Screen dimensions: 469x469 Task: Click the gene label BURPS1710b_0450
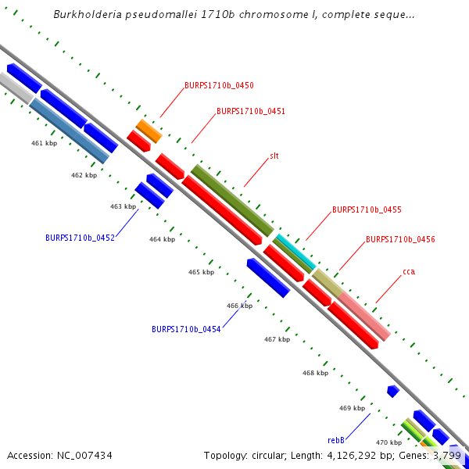coord(219,85)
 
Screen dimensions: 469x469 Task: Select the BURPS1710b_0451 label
coord(250,111)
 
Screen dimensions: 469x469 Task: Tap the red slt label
coord(274,156)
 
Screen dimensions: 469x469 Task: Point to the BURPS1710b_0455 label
coord(367,209)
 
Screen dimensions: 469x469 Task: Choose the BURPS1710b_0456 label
coord(400,239)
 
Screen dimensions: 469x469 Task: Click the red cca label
coord(409,271)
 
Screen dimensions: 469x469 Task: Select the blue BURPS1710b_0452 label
coord(80,237)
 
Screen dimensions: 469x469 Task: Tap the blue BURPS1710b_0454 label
coord(186,329)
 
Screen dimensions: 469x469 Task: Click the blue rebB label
coord(336,440)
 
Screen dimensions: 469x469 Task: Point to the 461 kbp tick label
coord(45,143)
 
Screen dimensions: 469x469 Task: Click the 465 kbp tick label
coord(201,272)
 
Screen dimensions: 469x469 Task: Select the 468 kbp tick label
coord(315,373)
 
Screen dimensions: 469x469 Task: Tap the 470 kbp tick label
coord(388,442)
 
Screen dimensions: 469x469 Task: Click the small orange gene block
coord(149,131)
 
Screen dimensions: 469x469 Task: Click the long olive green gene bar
coord(232,199)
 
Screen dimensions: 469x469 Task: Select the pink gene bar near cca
coord(363,315)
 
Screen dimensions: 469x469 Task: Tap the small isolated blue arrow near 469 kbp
coord(393,390)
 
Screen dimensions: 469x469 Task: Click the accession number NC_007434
coord(59,455)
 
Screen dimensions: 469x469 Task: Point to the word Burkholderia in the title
coord(84,15)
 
